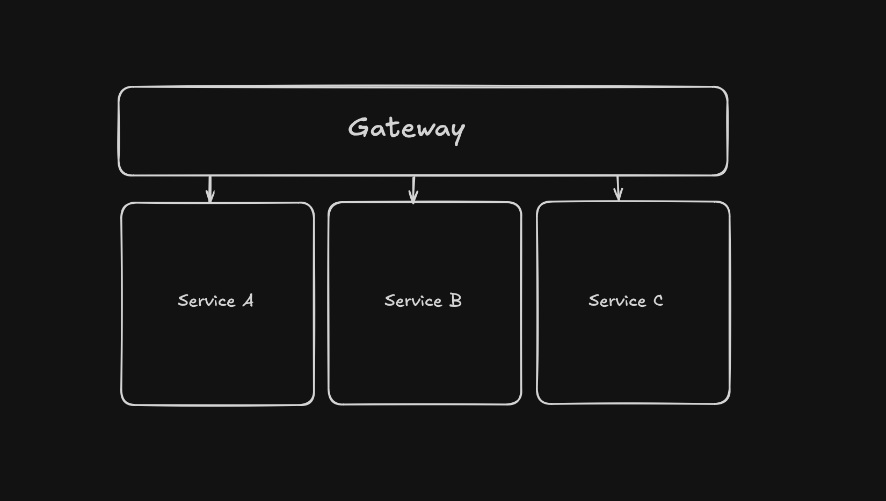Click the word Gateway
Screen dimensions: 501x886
click(x=406, y=129)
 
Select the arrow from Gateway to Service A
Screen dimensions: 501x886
click(x=210, y=189)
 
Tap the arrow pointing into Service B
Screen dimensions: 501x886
click(x=413, y=189)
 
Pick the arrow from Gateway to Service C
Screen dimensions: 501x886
click(x=618, y=188)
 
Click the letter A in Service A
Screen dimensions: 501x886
click(x=248, y=300)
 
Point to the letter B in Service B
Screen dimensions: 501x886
click(x=455, y=300)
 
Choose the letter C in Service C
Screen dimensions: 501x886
click(x=658, y=300)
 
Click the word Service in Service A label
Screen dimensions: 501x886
click(x=206, y=301)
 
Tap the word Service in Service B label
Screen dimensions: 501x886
click(x=413, y=301)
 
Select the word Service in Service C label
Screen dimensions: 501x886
click(x=617, y=301)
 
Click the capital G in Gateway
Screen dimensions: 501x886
click(x=358, y=128)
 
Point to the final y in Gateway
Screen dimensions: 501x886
click(x=457, y=131)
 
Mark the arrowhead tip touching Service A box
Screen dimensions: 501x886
click(x=210, y=202)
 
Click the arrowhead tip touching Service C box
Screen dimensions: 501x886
click(x=619, y=200)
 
